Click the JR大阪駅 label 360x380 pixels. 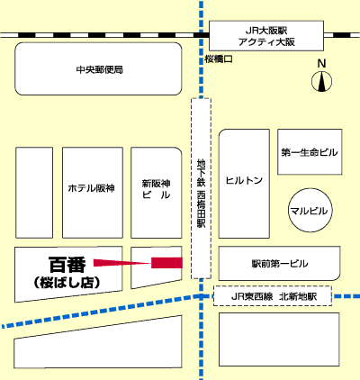(266, 31)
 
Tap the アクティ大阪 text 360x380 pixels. (266, 41)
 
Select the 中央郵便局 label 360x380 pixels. (100, 69)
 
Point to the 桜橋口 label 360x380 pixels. (219, 59)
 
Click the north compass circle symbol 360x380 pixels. (321, 81)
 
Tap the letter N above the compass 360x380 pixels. (321, 63)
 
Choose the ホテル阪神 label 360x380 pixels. (92, 188)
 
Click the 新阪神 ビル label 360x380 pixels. (156, 189)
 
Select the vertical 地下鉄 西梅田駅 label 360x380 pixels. (201, 193)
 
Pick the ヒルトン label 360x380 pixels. (244, 180)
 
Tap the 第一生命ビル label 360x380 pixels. (310, 152)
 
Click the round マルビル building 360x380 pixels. (310, 210)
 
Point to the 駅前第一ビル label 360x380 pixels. (280, 264)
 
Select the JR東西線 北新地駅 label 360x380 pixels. (274, 296)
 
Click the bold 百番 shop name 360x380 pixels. (67, 264)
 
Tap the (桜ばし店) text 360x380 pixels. (67, 283)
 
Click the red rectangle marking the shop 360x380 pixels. (166, 263)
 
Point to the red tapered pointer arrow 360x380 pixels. (122, 263)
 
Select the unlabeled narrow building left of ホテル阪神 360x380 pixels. (34, 193)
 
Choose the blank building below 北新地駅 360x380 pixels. (279, 339)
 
